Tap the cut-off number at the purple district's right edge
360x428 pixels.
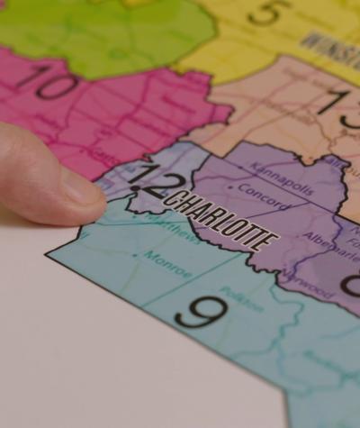[351, 284]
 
